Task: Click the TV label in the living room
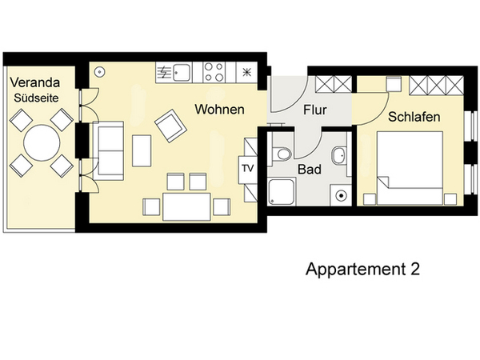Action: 248,168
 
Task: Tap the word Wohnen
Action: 219,110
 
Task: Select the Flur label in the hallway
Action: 315,110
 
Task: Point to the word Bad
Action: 310,170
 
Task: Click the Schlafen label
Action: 414,117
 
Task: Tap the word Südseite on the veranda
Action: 36,98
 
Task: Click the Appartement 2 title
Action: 362,269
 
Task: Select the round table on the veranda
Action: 42,142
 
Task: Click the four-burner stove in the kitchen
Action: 214,72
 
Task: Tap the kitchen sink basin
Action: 182,72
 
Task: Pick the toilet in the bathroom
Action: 281,154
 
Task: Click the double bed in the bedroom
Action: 410,168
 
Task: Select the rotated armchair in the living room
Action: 171,126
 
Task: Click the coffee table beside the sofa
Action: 142,150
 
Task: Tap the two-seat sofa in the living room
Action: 108,150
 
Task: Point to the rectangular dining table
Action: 186,206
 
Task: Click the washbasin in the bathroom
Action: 339,155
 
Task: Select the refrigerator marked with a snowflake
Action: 246,72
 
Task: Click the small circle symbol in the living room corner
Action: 99,72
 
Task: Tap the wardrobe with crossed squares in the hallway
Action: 334,84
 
